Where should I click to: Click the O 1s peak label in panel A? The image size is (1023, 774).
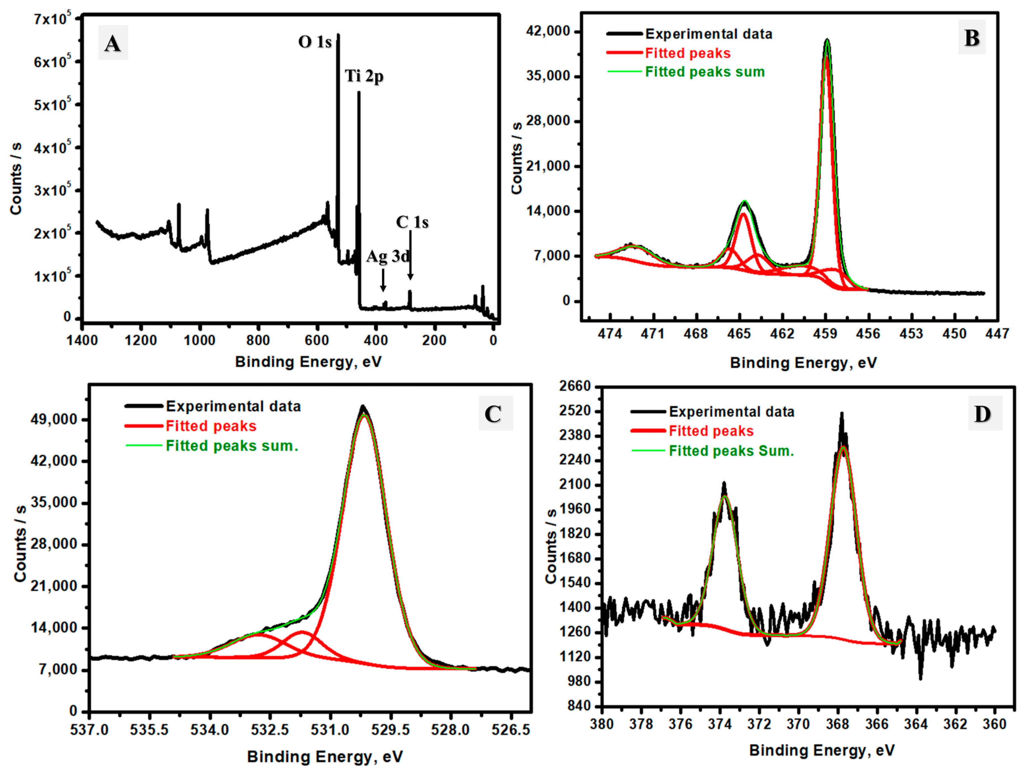(315, 42)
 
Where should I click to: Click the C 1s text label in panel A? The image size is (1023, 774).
(412, 223)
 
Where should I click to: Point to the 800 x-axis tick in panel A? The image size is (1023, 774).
(257, 341)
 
